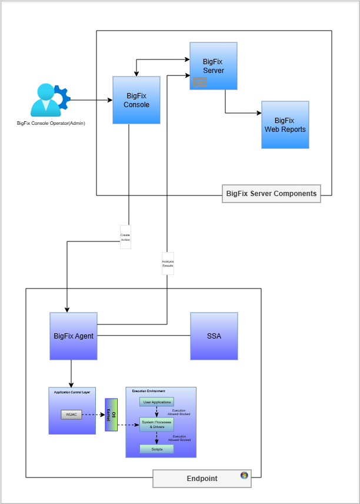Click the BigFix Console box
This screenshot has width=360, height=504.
(136, 100)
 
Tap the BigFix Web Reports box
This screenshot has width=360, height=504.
(285, 125)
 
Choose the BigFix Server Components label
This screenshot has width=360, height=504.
(271, 193)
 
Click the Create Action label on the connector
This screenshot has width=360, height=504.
(125, 237)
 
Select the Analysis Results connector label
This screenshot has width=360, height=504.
(168, 263)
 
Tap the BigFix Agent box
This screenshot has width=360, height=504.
(74, 336)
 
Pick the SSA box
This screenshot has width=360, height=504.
(214, 336)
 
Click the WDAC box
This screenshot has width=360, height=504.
(71, 415)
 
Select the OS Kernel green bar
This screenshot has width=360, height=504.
(111, 415)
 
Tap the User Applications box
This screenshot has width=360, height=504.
(156, 402)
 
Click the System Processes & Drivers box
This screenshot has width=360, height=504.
(156, 424)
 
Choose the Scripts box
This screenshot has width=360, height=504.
(156, 449)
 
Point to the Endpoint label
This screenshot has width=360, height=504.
(202, 479)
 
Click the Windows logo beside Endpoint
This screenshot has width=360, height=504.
(244, 476)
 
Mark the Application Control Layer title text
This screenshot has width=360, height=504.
(71, 392)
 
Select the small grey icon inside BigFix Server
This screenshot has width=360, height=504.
(199, 82)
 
